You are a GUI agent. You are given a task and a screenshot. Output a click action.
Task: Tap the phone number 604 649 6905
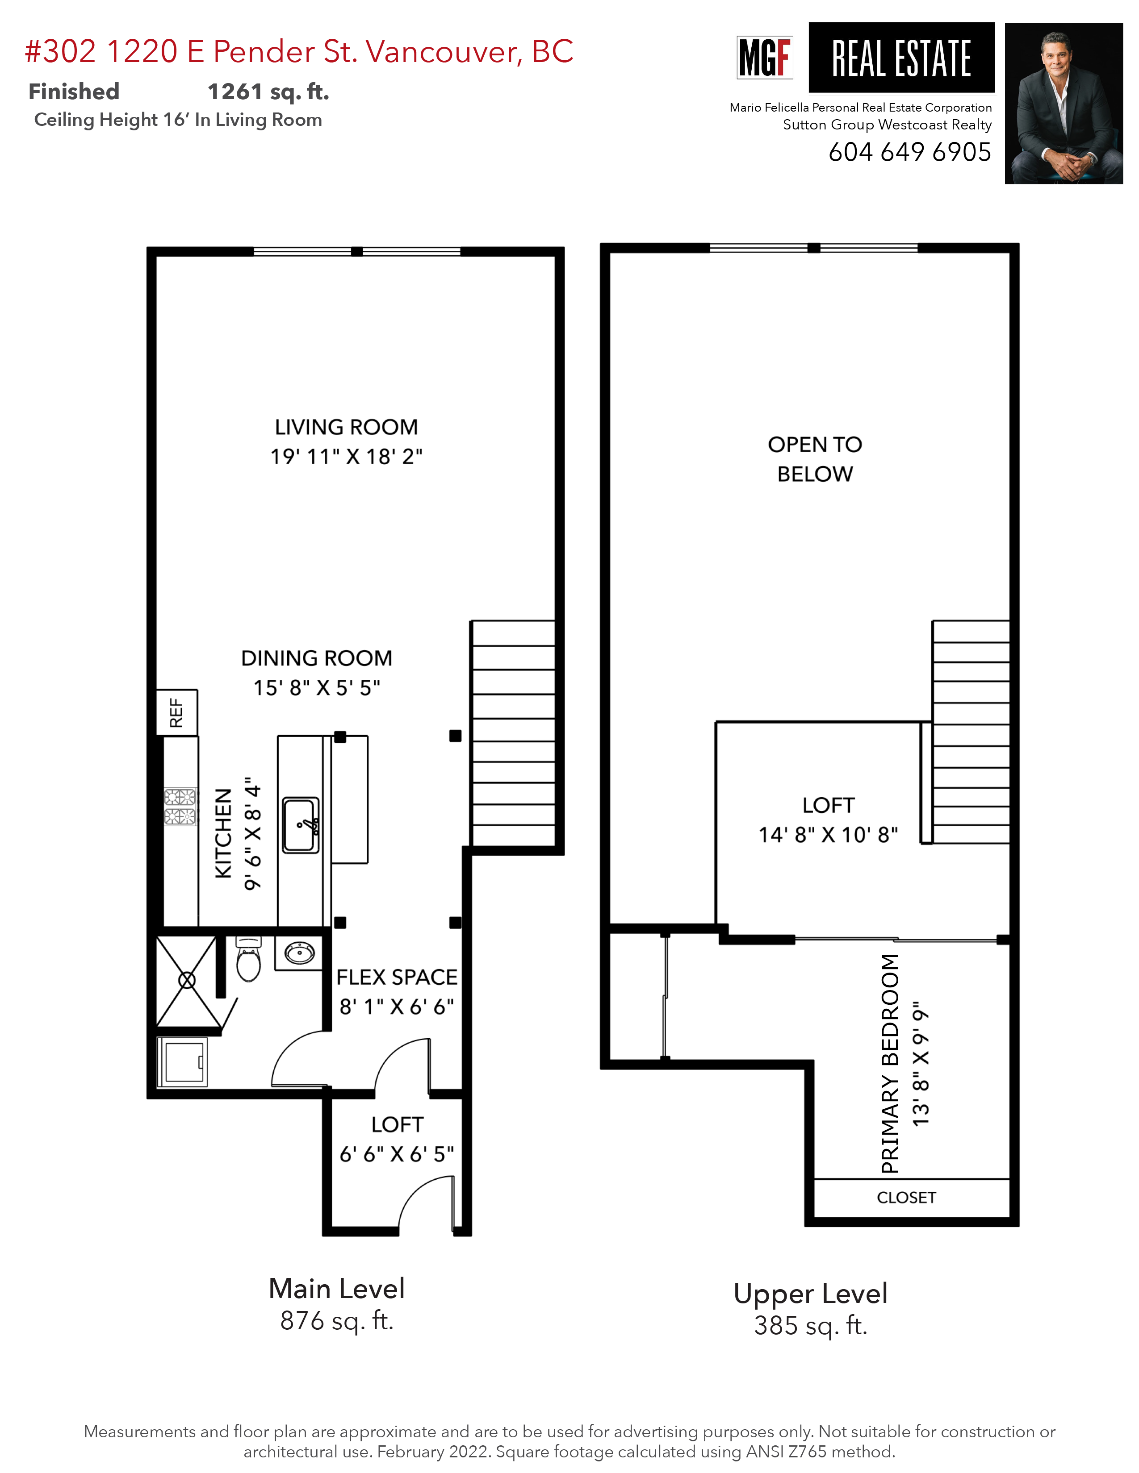coord(909,152)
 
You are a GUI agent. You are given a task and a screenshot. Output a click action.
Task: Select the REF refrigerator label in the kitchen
coord(176,712)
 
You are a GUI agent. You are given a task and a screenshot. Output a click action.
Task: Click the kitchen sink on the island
coord(300,825)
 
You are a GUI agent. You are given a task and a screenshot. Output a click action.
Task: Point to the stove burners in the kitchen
coord(180,807)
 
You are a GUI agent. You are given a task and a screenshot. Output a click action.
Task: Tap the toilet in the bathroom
coord(248,961)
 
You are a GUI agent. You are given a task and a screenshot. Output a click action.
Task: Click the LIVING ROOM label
coord(346,427)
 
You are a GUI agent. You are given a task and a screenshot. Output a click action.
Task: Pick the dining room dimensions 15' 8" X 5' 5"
coord(317,688)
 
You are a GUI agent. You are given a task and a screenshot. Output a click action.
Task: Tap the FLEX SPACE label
coord(397,977)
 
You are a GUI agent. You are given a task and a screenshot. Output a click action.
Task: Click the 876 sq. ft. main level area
coord(337,1321)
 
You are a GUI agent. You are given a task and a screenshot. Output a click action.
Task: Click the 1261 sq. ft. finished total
coord(268,92)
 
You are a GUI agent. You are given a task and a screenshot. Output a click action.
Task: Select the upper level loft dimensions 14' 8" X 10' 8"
coord(828,835)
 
